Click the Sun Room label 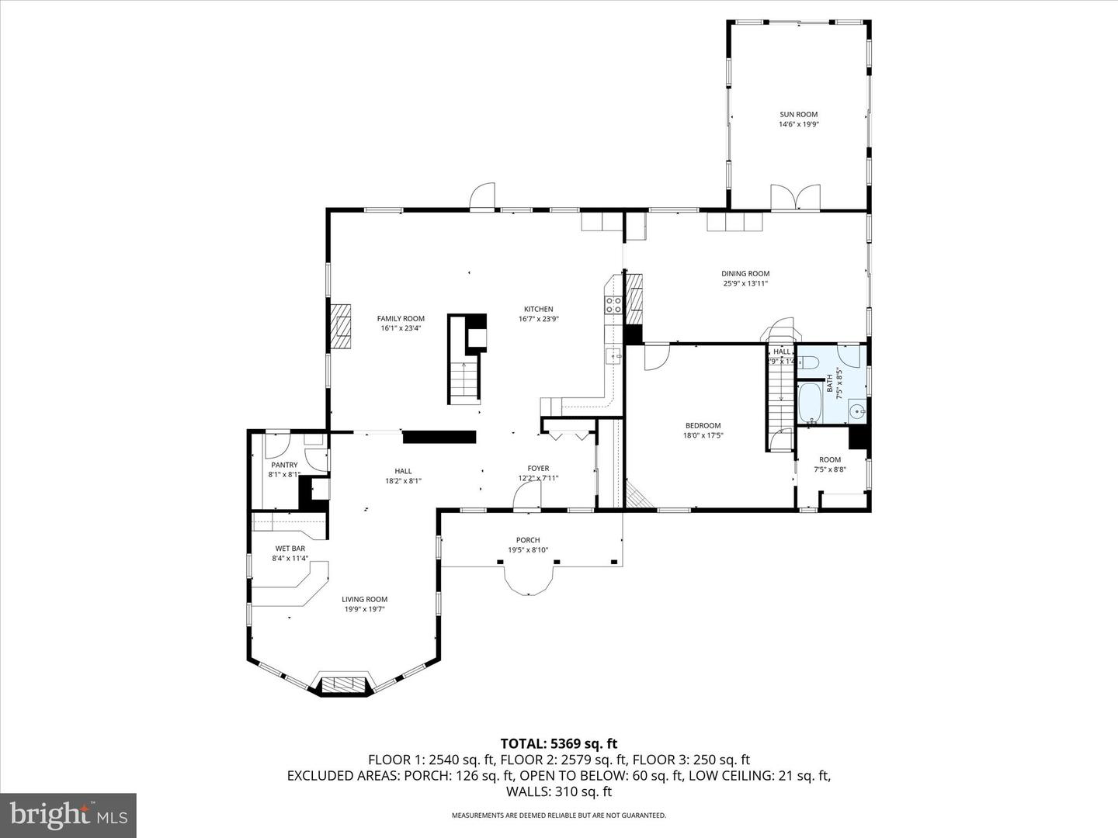799,114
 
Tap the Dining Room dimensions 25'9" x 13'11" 745,283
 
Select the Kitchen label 538,309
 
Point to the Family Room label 401,318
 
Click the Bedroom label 703,425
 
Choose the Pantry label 284,465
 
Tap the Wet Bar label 290,549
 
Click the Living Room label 365,599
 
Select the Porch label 528,540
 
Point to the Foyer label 538,468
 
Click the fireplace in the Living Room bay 342,684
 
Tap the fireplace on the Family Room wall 340,327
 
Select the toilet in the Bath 808,362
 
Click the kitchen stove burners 614,305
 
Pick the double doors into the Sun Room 795,197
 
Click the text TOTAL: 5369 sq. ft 559,744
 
